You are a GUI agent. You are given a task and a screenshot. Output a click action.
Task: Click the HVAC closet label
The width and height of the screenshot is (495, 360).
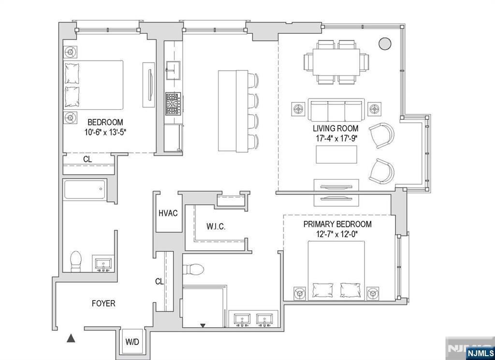168,213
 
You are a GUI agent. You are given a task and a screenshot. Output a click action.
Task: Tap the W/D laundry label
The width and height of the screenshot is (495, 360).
132,342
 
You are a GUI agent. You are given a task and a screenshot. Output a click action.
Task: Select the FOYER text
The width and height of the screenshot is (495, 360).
103,303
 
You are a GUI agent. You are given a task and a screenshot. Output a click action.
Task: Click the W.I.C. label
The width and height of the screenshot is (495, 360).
216,227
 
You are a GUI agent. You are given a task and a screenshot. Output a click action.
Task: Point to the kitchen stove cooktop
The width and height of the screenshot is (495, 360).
174,103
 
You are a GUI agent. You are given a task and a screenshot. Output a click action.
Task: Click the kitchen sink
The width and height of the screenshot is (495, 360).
173,71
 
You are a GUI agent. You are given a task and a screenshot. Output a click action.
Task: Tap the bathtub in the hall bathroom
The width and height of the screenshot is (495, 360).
85,189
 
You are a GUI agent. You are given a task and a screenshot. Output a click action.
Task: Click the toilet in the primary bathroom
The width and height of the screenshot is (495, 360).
193,269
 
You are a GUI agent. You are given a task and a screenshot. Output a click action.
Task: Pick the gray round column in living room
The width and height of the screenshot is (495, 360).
384,43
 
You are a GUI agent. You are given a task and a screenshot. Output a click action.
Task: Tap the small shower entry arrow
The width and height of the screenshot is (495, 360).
203,325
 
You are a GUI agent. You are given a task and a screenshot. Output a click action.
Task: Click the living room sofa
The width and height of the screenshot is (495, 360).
336,110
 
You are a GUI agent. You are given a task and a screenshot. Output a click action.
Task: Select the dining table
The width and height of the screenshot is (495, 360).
336,62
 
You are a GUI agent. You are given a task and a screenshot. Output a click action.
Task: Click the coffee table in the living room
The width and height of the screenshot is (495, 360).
336,154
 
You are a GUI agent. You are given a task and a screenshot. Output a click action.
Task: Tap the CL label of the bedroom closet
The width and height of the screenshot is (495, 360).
87,159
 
